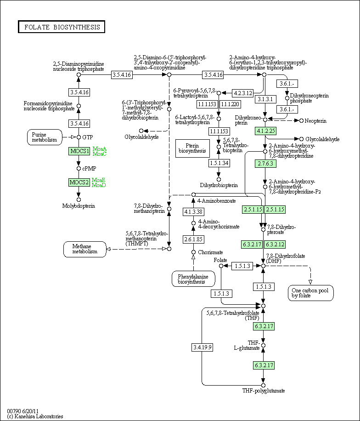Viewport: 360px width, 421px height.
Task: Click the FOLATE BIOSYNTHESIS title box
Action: tap(62, 27)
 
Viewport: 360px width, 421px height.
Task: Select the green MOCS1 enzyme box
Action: tap(79, 151)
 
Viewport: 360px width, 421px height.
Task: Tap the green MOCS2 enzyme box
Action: tap(79, 182)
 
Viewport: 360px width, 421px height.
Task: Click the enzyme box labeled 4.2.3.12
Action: tap(243, 93)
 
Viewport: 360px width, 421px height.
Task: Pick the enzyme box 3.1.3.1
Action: tap(265, 99)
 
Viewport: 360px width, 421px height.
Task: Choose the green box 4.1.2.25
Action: tap(265, 131)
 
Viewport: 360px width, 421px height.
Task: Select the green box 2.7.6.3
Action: tap(265, 163)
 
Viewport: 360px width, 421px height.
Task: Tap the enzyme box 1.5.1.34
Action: tap(219, 163)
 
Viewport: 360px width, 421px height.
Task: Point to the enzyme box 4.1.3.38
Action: tap(193, 212)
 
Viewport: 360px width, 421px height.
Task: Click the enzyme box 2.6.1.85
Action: tap(193, 239)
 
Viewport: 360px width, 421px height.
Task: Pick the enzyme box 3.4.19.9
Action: tap(202, 347)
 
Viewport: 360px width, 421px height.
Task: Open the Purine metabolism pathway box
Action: tap(44, 137)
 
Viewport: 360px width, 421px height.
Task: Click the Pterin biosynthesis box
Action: tap(192, 147)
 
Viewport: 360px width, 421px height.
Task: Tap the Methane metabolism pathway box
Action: tap(84, 249)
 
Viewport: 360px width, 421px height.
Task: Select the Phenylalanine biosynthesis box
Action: tap(193, 279)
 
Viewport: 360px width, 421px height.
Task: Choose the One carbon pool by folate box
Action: tap(311, 293)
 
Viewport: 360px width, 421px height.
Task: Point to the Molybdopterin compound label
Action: tap(79, 206)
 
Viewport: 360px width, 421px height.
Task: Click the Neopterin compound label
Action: tap(316, 120)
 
